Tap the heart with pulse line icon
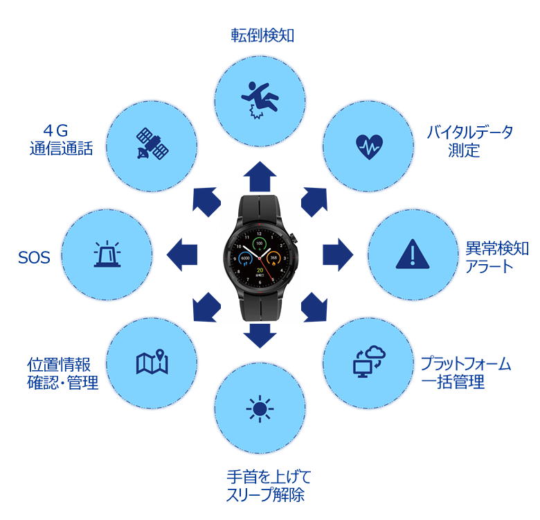pos(369,146)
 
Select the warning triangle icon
pos(413,254)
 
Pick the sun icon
pos(260,409)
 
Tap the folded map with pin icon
pos(152,362)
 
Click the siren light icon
pos(107,254)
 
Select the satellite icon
pos(152,144)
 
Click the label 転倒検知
pos(262,35)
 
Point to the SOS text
pos(34,258)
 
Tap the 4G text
pos(55,130)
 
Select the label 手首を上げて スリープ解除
pos(269,486)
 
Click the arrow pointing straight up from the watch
pos(260,176)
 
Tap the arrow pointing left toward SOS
pos(182,255)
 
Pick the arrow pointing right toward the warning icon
pos(338,254)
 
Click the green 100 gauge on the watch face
pos(260,244)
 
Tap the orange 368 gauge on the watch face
pos(273,259)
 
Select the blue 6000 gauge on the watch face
pos(245,259)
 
